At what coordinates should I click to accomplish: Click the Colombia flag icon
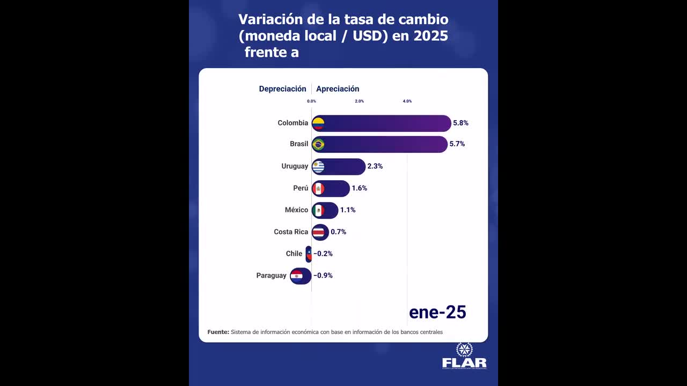(x=318, y=123)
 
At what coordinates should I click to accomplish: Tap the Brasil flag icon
(x=318, y=144)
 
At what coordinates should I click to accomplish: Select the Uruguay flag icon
(x=318, y=167)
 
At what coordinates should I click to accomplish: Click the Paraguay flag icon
(x=296, y=276)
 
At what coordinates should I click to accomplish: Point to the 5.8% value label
(x=461, y=123)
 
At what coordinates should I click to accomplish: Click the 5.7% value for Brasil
(x=457, y=144)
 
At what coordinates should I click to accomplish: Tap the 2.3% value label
(x=375, y=166)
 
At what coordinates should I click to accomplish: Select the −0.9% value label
(x=323, y=276)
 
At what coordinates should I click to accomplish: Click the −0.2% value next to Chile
(x=323, y=254)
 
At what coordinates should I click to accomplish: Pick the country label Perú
(x=301, y=188)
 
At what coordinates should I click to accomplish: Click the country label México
(x=296, y=210)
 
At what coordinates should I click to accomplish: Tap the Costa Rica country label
(x=291, y=232)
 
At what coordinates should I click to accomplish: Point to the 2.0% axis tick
(x=359, y=101)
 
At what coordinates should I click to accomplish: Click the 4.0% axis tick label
(x=407, y=101)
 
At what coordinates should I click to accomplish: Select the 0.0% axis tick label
(x=311, y=101)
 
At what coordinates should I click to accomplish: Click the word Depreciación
(x=282, y=89)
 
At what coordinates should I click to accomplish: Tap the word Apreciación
(x=338, y=89)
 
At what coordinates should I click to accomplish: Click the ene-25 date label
(x=437, y=313)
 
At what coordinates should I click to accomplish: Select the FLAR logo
(x=464, y=357)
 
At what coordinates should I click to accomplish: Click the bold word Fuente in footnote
(x=218, y=332)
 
